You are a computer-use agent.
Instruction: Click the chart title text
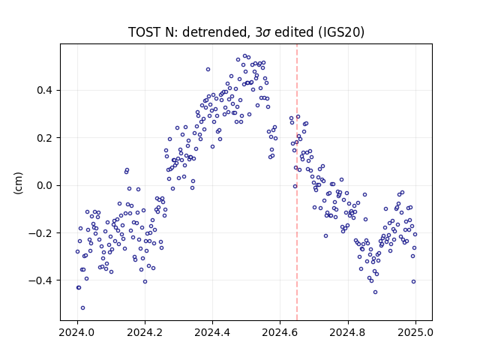tap(246, 32)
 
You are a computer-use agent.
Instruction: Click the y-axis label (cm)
tap(18, 183)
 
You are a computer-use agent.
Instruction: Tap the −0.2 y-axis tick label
tap(42, 233)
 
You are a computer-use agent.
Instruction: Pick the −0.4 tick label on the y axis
tap(42, 280)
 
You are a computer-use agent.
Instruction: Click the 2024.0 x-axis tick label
tap(77, 332)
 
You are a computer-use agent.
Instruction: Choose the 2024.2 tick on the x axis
tap(145, 332)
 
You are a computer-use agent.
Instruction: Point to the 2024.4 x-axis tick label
tap(212, 332)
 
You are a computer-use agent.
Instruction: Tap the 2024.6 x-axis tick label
tap(280, 332)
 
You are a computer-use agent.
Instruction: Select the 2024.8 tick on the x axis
tap(348, 332)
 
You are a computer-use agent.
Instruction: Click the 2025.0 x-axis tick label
tap(415, 332)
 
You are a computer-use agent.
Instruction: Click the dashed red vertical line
tap(297, 182)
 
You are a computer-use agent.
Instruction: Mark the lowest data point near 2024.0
tap(82, 308)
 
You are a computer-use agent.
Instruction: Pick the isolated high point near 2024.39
tap(208, 70)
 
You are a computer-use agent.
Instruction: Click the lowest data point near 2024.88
tap(375, 292)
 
